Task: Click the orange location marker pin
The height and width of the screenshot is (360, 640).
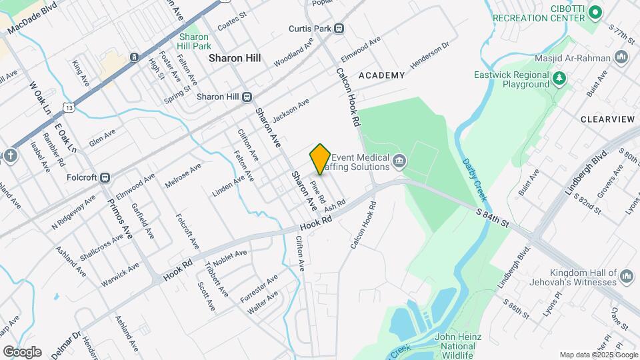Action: click(320, 159)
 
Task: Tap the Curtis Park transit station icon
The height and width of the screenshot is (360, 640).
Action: click(339, 29)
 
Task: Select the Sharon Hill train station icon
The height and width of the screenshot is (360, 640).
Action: click(247, 97)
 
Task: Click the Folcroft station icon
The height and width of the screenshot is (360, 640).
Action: click(105, 178)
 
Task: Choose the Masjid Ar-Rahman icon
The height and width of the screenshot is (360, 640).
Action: click(621, 58)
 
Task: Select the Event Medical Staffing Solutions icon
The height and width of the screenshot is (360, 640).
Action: click(399, 159)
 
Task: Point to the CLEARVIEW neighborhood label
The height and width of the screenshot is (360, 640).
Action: click(607, 119)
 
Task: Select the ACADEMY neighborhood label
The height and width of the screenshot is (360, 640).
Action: click(381, 75)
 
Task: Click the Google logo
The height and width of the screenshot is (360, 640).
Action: click(22, 352)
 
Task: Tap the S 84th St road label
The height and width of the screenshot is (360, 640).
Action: click(492, 217)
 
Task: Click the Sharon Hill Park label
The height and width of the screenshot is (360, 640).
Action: click(194, 41)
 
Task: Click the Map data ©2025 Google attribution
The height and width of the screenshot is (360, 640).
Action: click(597, 355)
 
